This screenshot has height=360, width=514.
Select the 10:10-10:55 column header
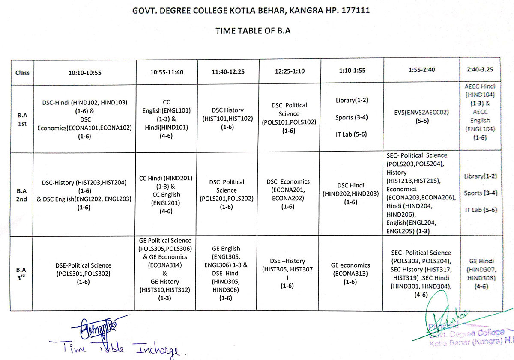pyautogui.click(x=85, y=72)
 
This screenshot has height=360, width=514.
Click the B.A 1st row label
pyautogui.click(x=22, y=119)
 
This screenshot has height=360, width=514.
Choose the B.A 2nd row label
pyautogui.click(x=22, y=195)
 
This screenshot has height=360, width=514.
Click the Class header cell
pyautogui.click(x=22, y=73)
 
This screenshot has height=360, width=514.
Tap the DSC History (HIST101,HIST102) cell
pyautogui.click(x=228, y=119)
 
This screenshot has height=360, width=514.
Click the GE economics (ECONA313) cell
pyautogui.click(x=350, y=274)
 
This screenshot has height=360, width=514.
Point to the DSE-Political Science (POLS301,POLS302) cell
pyautogui.click(x=84, y=274)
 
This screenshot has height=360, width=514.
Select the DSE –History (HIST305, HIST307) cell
pyautogui.click(x=288, y=273)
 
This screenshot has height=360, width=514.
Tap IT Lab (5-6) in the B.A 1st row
pyautogui.click(x=352, y=134)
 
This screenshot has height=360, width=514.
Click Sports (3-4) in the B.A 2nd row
pyautogui.click(x=481, y=193)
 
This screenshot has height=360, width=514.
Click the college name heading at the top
pyautogui.click(x=257, y=10)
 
